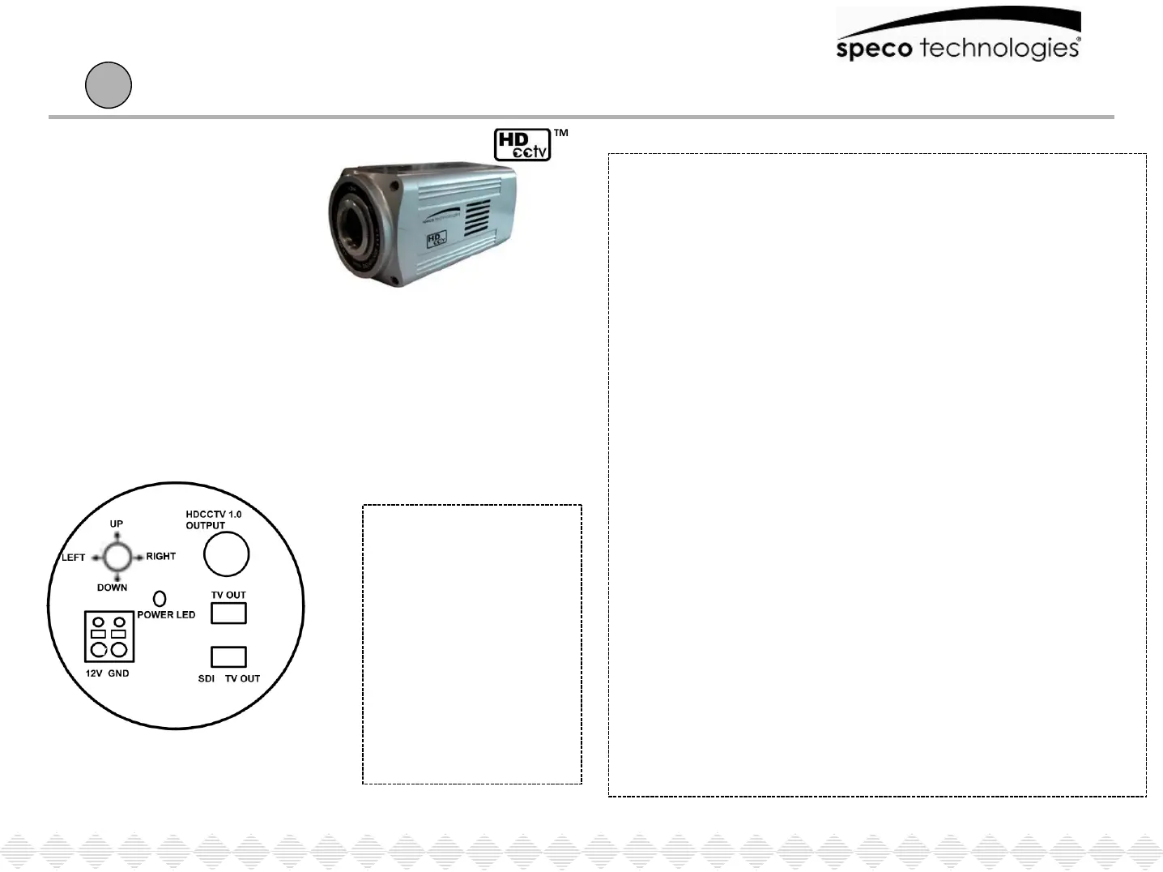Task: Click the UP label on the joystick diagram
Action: pyautogui.click(x=117, y=524)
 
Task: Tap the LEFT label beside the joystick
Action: pyautogui.click(x=74, y=558)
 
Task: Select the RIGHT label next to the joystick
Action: pyautogui.click(x=161, y=556)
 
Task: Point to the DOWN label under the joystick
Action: pyautogui.click(x=112, y=588)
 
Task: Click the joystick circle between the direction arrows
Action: pyautogui.click(x=117, y=557)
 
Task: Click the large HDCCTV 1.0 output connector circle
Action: pyautogui.click(x=226, y=554)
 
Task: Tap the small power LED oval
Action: pyautogui.click(x=160, y=598)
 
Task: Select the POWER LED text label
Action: pyautogui.click(x=166, y=614)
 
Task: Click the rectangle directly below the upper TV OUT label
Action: pyautogui.click(x=228, y=613)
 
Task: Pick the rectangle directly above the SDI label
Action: pyautogui.click(x=228, y=656)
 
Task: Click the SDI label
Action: pyautogui.click(x=207, y=678)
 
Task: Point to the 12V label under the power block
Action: pyautogui.click(x=95, y=673)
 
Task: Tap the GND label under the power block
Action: pyautogui.click(x=118, y=673)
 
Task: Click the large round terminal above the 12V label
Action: pyautogui.click(x=99, y=650)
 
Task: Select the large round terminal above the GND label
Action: pyautogui.click(x=119, y=650)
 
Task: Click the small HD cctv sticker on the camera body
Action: pyautogui.click(x=437, y=239)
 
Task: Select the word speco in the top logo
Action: pyautogui.click(x=875, y=49)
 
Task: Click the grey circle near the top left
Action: pyautogui.click(x=109, y=85)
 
